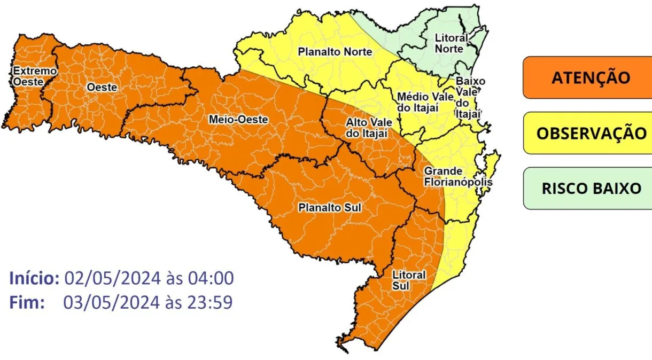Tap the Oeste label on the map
[x=102, y=87]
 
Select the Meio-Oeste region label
[x=238, y=120]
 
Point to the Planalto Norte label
[x=335, y=52]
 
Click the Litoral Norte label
[x=451, y=43]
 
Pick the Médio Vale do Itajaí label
[x=425, y=102]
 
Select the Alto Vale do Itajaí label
[x=367, y=128]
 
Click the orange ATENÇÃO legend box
[x=587, y=77]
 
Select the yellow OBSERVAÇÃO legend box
[x=587, y=133]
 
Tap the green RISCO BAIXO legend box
[x=587, y=189]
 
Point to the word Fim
[x=27, y=303]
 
